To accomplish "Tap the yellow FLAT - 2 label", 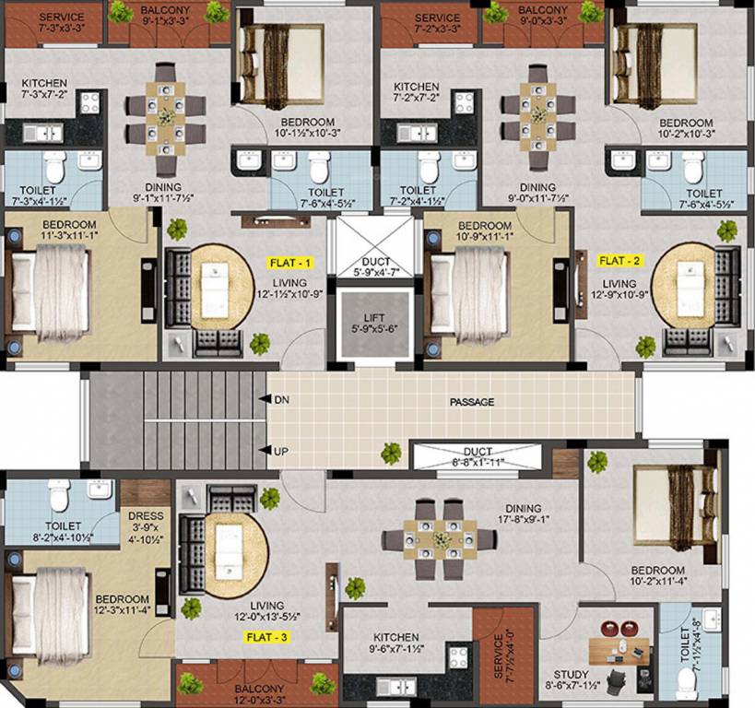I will tap(619, 261).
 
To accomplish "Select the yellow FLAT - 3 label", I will tap(264, 637).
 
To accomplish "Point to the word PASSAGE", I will tap(472, 402).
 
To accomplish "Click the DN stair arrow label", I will tap(281, 399).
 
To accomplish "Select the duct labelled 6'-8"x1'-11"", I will tap(474, 457).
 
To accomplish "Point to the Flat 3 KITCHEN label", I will tap(396, 637).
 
